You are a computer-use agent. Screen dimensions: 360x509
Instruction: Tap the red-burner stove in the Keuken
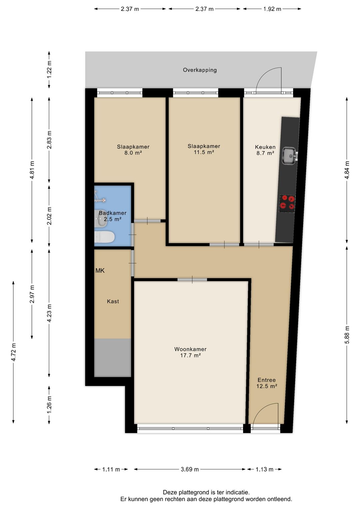[x=287, y=203]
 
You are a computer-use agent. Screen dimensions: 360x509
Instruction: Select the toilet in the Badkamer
[x=104, y=237]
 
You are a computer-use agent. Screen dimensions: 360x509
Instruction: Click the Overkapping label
[x=200, y=70]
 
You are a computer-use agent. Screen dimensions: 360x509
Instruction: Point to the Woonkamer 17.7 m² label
[x=190, y=352]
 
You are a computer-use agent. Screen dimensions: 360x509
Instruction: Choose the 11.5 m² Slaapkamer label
[x=204, y=149]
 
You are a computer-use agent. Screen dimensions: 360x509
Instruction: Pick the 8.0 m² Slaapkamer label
[x=133, y=150]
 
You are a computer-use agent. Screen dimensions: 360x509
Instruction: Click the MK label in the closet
[x=100, y=271]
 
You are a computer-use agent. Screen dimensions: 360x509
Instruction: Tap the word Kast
[x=113, y=301]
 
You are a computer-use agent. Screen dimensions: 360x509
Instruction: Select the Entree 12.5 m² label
[x=267, y=383]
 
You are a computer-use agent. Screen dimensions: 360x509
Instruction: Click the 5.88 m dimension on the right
[x=347, y=335]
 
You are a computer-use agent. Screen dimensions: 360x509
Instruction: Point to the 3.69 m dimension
[x=190, y=469]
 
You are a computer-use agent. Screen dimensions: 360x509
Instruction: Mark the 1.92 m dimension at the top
[x=272, y=9]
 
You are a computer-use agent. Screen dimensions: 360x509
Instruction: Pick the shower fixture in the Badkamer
[x=99, y=197]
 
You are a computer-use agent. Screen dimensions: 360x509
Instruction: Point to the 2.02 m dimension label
[x=49, y=216]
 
